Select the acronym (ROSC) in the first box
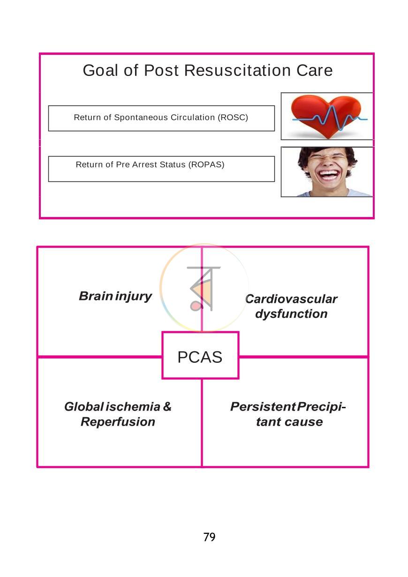pyautogui.click(x=233, y=118)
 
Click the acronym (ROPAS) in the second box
pyautogui.click(x=206, y=165)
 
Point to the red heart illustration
pyautogui.click(x=326, y=116)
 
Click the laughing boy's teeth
pyautogui.click(x=328, y=174)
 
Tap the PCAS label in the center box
pyautogui.click(x=200, y=357)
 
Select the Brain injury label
pyautogui.click(x=115, y=297)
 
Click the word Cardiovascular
pyautogui.click(x=291, y=299)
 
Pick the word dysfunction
pyautogui.click(x=291, y=314)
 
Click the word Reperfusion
pyautogui.click(x=118, y=422)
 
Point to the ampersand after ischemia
pyautogui.click(x=167, y=407)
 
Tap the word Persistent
pyautogui.click(x=263, y=407)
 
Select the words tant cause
pyautogui.click(x=289, y=422)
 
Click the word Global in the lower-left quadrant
pyautogui.click(x=84, y=407)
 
